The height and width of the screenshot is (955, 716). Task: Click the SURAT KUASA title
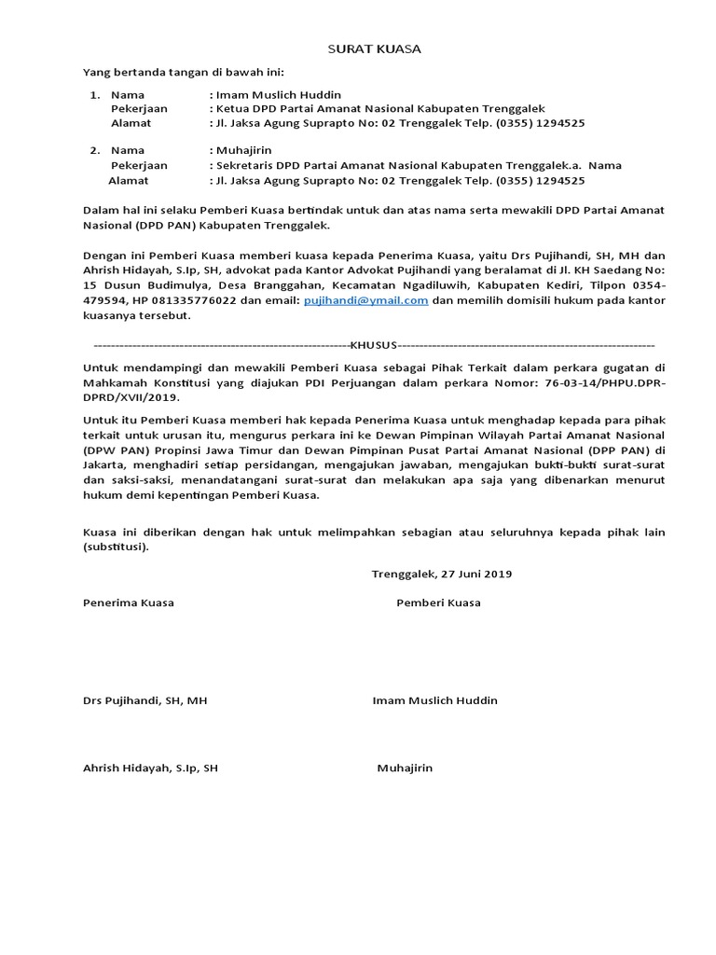pos(373,48)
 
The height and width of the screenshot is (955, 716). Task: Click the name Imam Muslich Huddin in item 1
pos(278,95)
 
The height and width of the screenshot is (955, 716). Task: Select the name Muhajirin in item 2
pos(241,149)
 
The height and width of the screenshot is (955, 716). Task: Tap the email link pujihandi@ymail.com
pos(366,300)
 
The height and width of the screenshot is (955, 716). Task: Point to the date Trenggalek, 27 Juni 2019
pos(442,574)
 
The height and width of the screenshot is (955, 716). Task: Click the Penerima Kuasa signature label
pos(129,602)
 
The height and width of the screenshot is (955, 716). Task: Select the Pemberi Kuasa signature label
pos(438,602)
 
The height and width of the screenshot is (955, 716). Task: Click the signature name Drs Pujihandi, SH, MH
pos(145,700)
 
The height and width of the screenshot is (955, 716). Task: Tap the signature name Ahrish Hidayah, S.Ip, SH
pos(151,768)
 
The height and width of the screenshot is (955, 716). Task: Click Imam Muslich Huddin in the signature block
pos(434,700)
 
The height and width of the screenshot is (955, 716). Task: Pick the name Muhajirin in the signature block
pos(405,768)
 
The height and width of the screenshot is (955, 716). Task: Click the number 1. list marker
pos(94,95)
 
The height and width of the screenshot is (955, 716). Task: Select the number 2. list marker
pos(94,149)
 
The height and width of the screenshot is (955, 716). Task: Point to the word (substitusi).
pos(116,547)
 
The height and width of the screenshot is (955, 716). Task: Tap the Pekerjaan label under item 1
pos(139,109)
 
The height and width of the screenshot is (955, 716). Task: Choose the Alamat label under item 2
pos(127,181)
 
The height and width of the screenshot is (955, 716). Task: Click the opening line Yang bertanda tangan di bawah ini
pos(184,72)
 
